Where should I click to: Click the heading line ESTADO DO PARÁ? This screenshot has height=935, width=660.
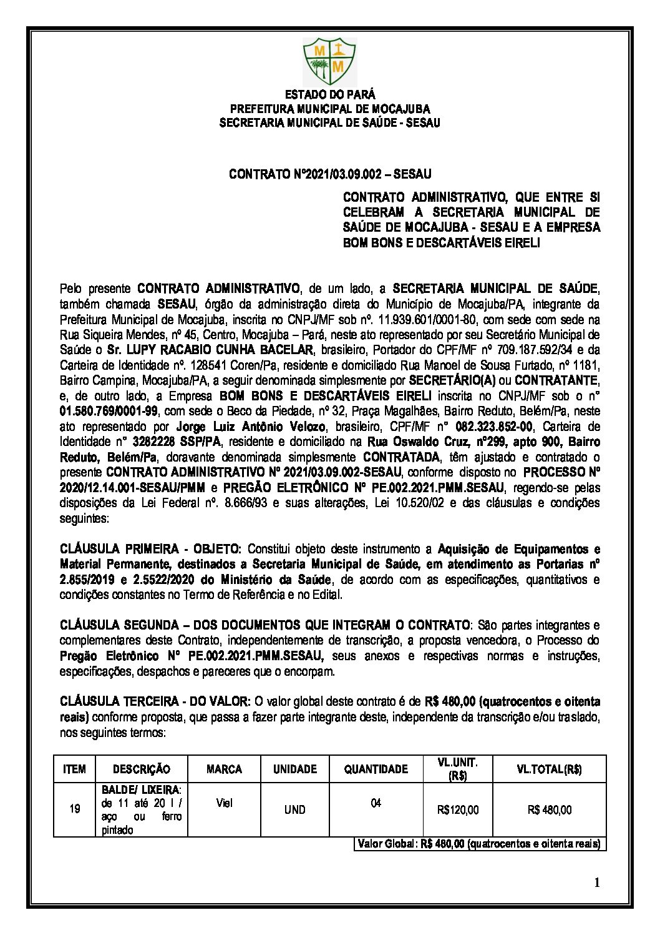[x=330, y=95]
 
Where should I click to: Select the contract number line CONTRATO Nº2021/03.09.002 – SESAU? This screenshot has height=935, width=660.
[x=330, y=173]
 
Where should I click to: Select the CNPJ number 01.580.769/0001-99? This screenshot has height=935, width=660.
[x=109, y=411]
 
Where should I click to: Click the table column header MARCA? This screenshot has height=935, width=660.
[x=224, y=769]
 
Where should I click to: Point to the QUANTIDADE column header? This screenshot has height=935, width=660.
[x=376, y=769]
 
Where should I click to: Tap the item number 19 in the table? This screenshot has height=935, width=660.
[x=75, y=809]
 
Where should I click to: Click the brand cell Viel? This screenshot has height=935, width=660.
[x=224, y=803]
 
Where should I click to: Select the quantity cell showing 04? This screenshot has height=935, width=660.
[x=376, y=803]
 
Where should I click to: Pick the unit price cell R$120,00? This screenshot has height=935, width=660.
[x=459, y=810]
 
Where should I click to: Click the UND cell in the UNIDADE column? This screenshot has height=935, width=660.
[x=295, y=810]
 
